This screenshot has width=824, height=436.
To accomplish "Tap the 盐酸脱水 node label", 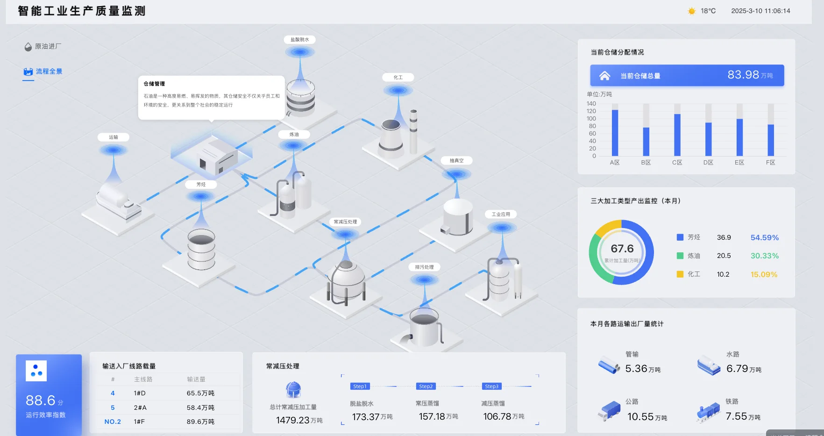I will coord(299,40).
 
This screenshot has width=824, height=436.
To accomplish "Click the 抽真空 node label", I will coord(456,161).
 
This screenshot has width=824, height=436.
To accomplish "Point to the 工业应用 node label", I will coord(501,214).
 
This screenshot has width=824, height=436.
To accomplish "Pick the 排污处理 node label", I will coord(424,267).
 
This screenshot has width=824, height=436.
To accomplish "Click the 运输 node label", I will coord(114,137).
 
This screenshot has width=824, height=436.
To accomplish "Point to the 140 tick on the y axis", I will coord(591,104).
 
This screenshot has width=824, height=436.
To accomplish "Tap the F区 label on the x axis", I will coord(771,163).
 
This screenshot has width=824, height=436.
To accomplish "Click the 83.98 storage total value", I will coord(743,75).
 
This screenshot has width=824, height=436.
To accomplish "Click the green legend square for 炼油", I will coord(680,256).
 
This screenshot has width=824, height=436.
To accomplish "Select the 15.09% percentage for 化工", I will coord(764,275).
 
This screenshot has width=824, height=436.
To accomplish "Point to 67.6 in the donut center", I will coord(622,249).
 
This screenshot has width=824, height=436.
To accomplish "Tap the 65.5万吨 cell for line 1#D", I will coord(200,393).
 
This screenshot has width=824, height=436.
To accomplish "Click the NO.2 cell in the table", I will coord(113,422).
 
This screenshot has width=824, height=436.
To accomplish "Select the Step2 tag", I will coord(426,386).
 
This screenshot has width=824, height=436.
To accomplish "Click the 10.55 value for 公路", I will coord(640,417).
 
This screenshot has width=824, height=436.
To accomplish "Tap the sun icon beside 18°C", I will coord(692,11).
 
